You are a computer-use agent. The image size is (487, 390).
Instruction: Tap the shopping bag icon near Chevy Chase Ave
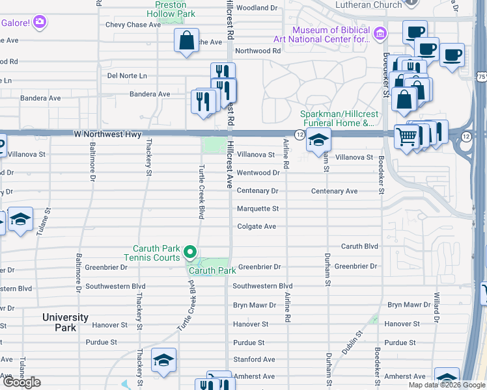tap(186, 40)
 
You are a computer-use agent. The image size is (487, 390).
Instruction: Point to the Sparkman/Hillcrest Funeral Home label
tap(337, 118)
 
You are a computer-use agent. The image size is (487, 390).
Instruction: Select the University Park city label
tap(65, 322)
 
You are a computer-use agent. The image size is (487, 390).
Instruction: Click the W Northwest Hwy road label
tap(107, 135)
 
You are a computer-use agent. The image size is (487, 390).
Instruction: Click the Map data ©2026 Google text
tap(447, 385)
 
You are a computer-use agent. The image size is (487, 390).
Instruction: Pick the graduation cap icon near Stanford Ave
tap(164, 360)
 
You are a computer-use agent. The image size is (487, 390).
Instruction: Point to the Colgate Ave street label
tap(257, 227)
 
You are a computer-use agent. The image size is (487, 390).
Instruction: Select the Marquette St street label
tap(257, 209)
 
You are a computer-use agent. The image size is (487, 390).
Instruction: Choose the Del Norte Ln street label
tap(127, 76)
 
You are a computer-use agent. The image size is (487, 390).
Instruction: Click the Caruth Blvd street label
tap(360, 247)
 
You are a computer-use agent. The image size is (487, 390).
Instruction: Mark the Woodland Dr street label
tap(257, 8)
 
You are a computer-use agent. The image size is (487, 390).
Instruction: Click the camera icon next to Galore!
tap(40, 22)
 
